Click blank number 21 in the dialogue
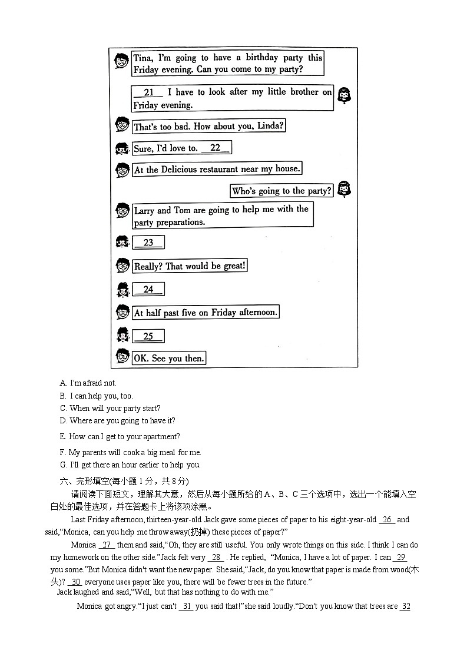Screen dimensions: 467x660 pyautogui.click(x=148, y=92)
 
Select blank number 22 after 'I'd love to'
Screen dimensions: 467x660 pyautogui.click(x=216, y=148)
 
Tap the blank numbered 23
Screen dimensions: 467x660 pyautogui.click(x=148, y=243)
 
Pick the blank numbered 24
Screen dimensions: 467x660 pyautogui.click(x=148, y=289)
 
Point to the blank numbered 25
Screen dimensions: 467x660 pyautogui.click(x=148, y=336)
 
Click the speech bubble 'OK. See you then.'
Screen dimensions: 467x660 pyautogui.click(x=169, y=358)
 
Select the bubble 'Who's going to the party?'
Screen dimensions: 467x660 pyautogui.click(x=281, y=191)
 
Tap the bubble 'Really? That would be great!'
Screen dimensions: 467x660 pyautogui.click(x=190, y=266)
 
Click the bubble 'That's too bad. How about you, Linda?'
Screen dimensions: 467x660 pyautogui.click(x=209, y=126)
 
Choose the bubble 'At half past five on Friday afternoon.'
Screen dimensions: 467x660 pyautogui.click(x=206, y=313)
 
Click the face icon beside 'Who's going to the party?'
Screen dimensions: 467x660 pyautogui.click(x=344, y=189)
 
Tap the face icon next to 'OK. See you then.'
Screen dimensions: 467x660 pyautogui.click(x=122, y=357)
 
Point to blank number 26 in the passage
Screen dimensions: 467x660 pyautogui.click(x=386, y=519)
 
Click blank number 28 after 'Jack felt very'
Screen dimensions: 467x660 pyautogui.click(x=217, y=557)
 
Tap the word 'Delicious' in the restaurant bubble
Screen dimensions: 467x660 pyautogui.click(x=181, y=170)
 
